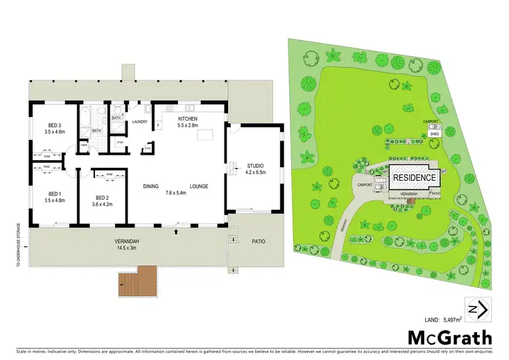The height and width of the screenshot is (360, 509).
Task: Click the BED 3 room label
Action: coord(56,125)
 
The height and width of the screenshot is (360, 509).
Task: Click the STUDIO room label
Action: coord(255,166)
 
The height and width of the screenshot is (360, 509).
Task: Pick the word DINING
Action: coord(151,186)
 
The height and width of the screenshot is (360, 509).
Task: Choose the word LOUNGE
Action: coord(199,186)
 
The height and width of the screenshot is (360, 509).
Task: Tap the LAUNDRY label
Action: coord(140,122)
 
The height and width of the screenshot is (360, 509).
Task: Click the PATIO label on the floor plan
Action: coord(259,241)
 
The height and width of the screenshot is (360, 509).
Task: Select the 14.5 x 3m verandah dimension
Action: coord(127,248)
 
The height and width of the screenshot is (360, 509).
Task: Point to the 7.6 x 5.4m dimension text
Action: coord(175,193)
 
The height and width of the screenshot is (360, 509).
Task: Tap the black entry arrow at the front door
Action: coord(176,232)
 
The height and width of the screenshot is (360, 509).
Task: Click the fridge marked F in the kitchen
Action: coord(158,126)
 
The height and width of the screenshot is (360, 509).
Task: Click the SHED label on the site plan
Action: coord(434,134)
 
